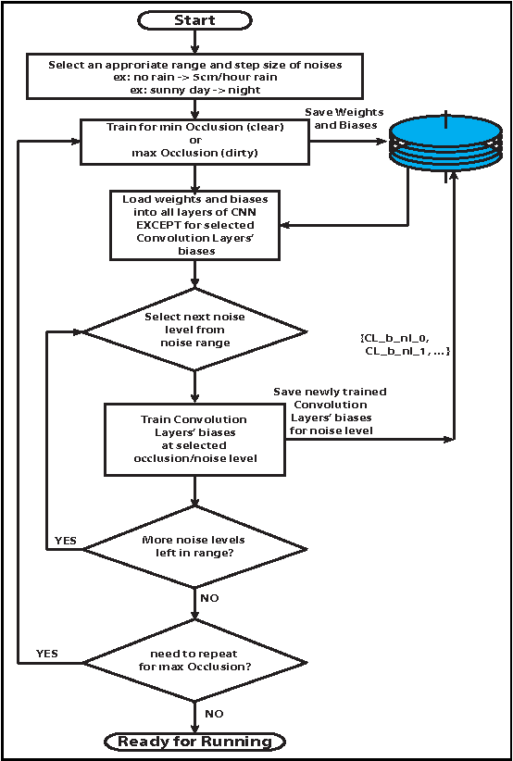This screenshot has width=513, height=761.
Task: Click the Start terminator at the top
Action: pos(194,19)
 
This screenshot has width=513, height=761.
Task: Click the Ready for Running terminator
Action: pos(194,741)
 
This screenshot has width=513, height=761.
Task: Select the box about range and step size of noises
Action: pos(194,75)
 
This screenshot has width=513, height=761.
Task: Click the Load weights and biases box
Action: pos(194,225)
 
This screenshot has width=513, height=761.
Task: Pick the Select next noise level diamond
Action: pos(194,330)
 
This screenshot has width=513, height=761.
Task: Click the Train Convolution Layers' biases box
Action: pos(194,439)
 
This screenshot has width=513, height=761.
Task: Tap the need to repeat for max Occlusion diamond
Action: pos(194,662)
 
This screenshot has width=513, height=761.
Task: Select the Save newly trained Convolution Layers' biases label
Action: pos(330,410)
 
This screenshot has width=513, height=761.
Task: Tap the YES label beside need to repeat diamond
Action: pos(46,654)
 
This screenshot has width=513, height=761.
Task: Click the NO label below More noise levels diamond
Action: pos(209,598)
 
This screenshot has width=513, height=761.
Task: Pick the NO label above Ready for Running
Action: pos(213,714)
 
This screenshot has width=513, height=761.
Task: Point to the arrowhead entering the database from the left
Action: pos(383,142)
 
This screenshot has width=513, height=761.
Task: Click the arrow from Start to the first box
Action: pos(194,41)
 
